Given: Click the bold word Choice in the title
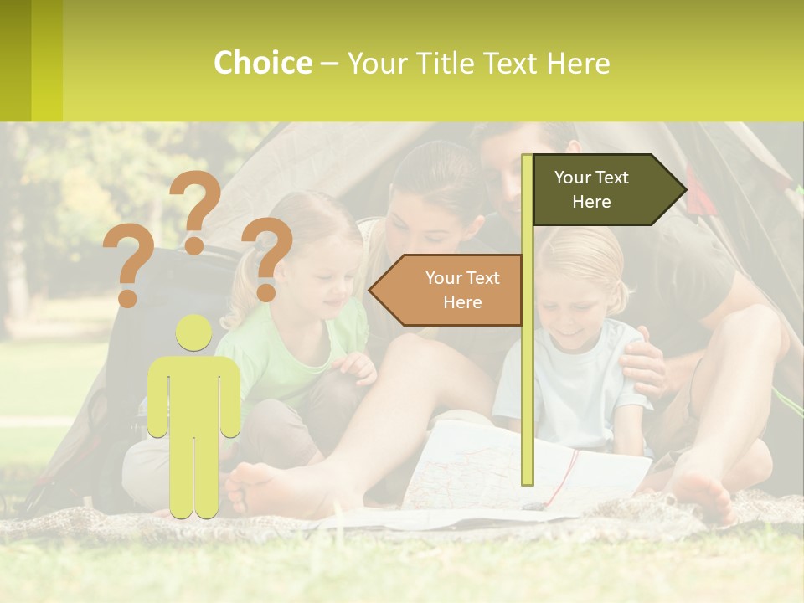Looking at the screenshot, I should click(262, 63).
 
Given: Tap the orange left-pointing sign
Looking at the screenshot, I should click(449, 290).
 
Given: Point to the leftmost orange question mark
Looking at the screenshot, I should click(128, 266).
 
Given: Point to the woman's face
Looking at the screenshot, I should click(435, 222).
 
